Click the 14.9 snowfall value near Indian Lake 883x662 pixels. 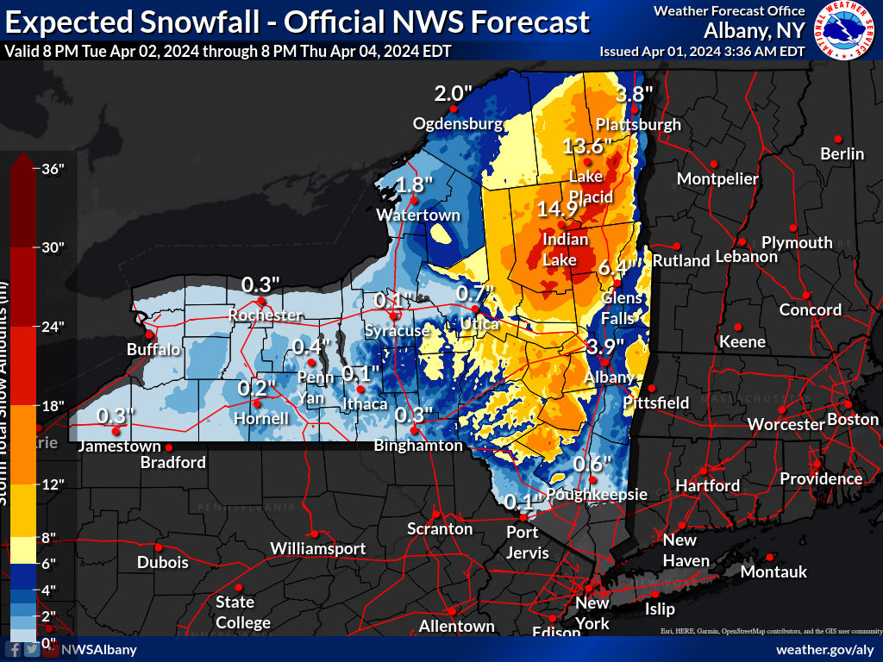coord(557,209)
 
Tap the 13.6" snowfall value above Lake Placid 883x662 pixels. coord(587,145)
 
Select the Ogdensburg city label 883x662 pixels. coord(457,123)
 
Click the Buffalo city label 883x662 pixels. coord(153,350)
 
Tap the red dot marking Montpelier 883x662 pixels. coord(713,164)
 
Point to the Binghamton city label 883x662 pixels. coord(418,446)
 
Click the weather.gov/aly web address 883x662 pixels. coord(825,649)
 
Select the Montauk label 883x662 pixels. coord(773,571)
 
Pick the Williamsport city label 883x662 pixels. coord(317,548)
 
